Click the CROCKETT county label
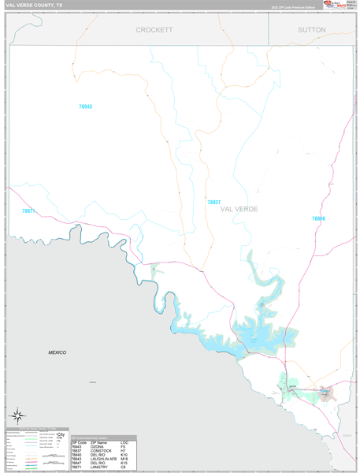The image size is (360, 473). point(154,29)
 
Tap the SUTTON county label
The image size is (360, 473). point(312,29)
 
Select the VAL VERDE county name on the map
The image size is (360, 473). point(239,209)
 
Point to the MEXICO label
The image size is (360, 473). point(57,352)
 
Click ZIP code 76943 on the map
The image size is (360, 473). point(85,106)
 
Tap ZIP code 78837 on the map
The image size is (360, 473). point(213,202)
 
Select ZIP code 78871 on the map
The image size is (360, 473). point(28,210)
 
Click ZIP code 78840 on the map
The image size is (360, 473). point(317,218)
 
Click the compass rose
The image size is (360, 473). point(17,415)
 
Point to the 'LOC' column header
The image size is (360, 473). point(124,441)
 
